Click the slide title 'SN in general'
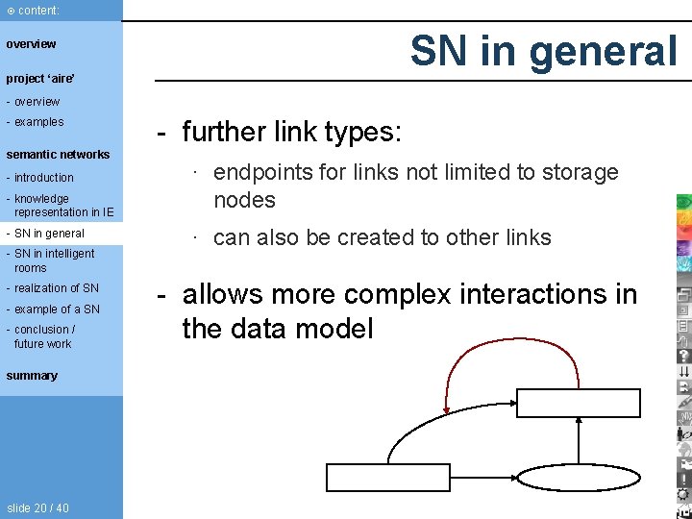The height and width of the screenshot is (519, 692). (x=543, y=50)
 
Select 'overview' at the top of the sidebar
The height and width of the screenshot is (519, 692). (x=31, y=44)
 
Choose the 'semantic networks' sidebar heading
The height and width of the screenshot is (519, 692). (x=58, y=155)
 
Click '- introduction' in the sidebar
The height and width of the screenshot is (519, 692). (x=39, y=178)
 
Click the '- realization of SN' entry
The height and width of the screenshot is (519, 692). (x=52, y=288)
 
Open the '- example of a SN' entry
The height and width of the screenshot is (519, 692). (x=53, y=309)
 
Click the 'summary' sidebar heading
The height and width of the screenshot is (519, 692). (x=32, y=376)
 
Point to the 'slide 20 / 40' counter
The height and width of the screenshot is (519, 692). (x=37, y=508)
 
